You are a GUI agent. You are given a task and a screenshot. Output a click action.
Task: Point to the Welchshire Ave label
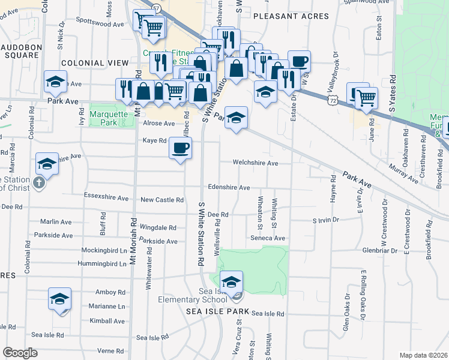tap(256, 163)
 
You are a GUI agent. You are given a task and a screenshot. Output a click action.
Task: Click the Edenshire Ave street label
tap(229, 188)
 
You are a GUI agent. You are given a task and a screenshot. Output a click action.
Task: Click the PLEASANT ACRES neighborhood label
tap(291, 16)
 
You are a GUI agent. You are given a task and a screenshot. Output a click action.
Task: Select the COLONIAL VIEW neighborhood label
tap(95, 62)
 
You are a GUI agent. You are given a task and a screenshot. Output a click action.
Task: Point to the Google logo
tap(20, 353)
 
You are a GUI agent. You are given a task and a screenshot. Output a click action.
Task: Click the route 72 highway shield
tap(331, 103)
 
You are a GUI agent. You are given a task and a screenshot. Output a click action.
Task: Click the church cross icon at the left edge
tap(39, 184)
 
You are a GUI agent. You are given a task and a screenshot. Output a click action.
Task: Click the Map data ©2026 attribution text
tap(423, 355)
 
